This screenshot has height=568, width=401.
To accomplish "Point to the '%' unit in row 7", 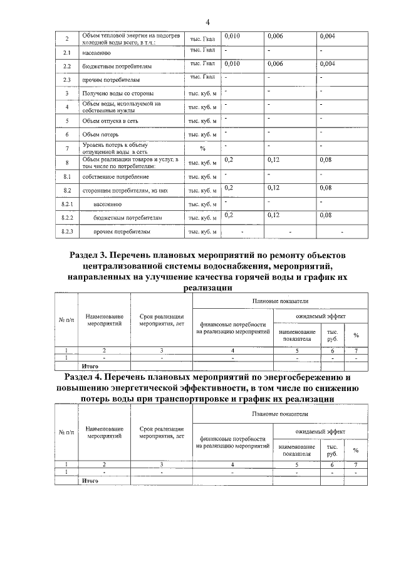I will pyautogui.click(x=202, y=149).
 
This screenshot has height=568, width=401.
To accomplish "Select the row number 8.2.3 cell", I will pyautogui.click(x=66, y=232).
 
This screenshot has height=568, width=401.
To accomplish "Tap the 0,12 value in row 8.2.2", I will pyautogui.click(x=273, y=215).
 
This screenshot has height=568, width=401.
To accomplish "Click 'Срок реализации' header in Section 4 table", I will pyautogui.click(x=161, y=429).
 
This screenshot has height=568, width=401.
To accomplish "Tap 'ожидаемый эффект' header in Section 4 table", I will pyautogui.click(x=320, y=431).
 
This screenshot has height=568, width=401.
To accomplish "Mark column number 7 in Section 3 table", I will pyautogui.click(x=356, y=350).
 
